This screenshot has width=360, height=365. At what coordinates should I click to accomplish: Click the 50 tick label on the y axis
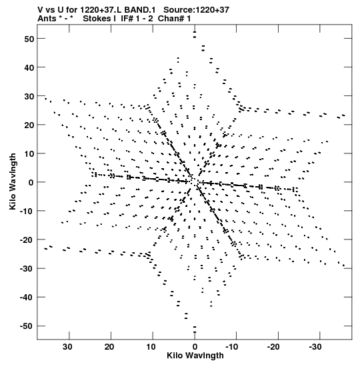point(29,39)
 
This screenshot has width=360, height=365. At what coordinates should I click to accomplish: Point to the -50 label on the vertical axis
point(27,326)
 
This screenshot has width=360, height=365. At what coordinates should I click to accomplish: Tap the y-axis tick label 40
point(29,67)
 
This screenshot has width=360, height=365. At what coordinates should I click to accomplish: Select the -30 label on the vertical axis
point(27,269)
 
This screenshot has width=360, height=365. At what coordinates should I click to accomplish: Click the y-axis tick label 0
point(31,183)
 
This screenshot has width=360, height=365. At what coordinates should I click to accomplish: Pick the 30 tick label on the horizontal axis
point(67,347)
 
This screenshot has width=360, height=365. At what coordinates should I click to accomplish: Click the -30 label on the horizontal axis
point(315,347)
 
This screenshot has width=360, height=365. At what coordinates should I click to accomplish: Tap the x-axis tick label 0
point(195,347)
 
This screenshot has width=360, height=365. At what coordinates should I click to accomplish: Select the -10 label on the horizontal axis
point(232,347)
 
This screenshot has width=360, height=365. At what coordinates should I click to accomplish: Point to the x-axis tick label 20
point(109,347)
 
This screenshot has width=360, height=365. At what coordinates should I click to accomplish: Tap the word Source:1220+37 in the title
point(197,10)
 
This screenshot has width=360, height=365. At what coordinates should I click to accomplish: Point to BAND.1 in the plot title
point(140,10)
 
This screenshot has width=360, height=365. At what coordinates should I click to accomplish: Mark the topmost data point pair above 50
point(195,35)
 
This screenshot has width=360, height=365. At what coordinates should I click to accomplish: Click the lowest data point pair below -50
point(195,330)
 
